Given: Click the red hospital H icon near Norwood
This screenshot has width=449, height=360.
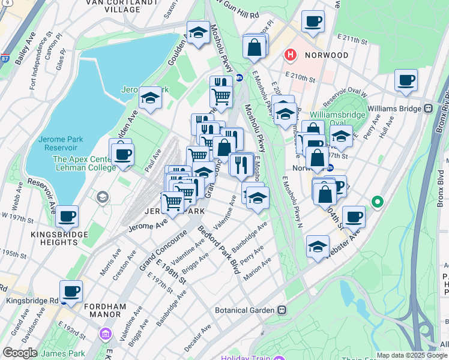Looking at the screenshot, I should [x=291, y=55].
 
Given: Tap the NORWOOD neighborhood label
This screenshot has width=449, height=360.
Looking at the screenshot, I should [x=326, y=55].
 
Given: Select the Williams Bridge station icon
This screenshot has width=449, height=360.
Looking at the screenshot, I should [x=429, y=109].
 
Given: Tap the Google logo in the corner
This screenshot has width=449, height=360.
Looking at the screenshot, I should [x=19, y=353].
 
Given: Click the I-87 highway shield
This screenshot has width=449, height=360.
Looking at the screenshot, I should [x=5, y=59].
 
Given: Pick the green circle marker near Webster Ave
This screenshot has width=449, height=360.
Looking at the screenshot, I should [x=377, y=202].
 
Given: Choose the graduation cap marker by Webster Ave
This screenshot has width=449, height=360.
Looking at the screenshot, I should [x=318, y=246].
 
